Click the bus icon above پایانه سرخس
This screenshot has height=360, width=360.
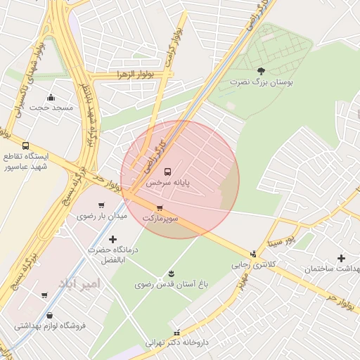tap(167, 172)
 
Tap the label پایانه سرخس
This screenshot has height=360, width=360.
tap(168, 183)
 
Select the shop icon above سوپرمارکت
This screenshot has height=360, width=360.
tap(160, 207)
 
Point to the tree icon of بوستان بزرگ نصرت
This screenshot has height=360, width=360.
tap(261, 71)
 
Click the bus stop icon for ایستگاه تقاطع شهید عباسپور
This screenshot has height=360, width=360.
tap(26, 146)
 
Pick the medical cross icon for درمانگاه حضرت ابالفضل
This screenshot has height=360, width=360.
tap(112, 239)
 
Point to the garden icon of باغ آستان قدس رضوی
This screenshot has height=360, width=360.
tap(171, 273)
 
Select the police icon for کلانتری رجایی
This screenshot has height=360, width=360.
tap(253, 254)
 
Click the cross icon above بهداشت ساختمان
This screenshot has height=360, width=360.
tap(342, 258)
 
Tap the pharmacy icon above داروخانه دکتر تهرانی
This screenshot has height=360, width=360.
tap(176, 332)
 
